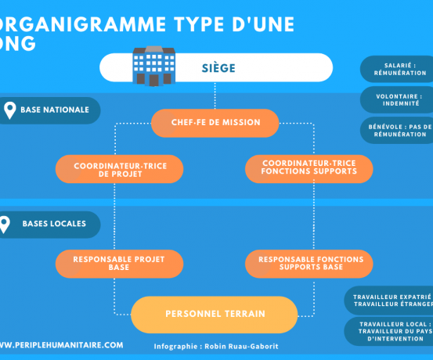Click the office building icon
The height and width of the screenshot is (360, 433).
pyautogui.click(x=153, y=67)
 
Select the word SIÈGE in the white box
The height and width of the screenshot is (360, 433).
pyautogui.click(x=218, y=68)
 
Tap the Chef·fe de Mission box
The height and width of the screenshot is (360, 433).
pyautogui.click(x=215, y=123)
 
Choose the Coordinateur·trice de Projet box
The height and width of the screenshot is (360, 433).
pyautogui.click(x=119, y=169)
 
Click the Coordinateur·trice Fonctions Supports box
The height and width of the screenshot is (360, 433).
pyautogui.click(x=309, y=169)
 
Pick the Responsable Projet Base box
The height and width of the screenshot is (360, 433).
pyautogui.click(x=119, y=264)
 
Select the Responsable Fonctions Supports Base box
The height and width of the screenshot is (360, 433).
pyautogui.click(x=309, y=264)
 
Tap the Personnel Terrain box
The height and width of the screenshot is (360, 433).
pyautogui.click(x=215, y=315)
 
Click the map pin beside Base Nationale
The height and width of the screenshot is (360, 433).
pyautogui.click(x=10, y=110)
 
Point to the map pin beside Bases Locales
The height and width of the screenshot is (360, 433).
pyautogui.click(x=4, y=225)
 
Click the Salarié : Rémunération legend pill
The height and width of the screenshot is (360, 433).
pyautogui.click(x=396, y=69)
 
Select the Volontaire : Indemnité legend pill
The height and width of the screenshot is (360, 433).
pyautogui.click(x=396, y=99)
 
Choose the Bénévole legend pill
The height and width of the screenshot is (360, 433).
pyautogui.click(x=396, y=131)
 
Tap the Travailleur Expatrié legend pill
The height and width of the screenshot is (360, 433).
pyautogui.click(x=388, y=301)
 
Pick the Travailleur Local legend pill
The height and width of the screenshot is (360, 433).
pyautogui.click(x=388, y=331)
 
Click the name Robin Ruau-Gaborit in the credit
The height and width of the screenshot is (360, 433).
pyautogui.click(x=241, y=347)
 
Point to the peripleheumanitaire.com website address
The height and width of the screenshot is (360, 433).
pyautogui.click(x=61, y=345)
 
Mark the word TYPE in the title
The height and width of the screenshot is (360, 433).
pyautogui.click(x=199, y=24)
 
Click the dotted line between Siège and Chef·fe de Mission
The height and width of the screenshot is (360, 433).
pyautogui.click(x=215, y=95)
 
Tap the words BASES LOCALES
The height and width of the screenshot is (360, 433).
pyautogui.click(x=54, y=224)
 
